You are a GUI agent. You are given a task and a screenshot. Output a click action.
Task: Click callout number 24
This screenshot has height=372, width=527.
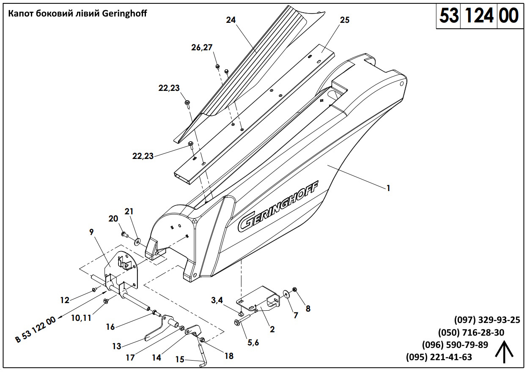click(231, 20)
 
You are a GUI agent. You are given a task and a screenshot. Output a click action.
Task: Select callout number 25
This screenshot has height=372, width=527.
click(345, 20)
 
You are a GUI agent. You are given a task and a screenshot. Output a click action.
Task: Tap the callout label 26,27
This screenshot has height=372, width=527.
click(202, 47)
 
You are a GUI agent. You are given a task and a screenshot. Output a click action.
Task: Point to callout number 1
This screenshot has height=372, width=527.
click(388, 189)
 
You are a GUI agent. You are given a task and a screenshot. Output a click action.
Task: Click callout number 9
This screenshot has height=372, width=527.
click(91, 232)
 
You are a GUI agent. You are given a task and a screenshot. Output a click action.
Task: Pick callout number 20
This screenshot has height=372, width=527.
click(113, 219)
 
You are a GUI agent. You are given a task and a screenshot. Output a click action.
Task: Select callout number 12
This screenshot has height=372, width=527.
click(64, 300)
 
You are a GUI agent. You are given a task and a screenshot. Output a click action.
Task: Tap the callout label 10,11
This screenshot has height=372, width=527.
click(81, 318)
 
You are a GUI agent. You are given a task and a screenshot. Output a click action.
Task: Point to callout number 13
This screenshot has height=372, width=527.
click(117, 347)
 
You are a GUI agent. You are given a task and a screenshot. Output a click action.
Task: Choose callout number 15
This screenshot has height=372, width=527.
click(180, 359)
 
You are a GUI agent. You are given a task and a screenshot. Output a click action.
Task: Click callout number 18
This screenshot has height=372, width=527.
click(229, 356)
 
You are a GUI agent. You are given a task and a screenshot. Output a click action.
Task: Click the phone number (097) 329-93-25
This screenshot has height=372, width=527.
click(487, 320)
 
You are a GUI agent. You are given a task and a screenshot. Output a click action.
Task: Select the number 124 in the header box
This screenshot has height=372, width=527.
click(478, 16)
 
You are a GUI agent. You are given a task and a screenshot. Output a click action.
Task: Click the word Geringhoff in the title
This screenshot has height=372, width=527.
click(124, 14)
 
